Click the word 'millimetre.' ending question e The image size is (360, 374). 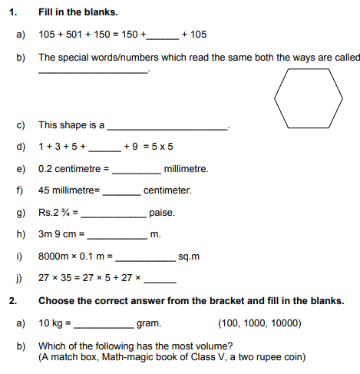point(186,168)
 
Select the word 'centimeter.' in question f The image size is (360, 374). point(167,190)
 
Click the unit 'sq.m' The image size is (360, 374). point(189,257)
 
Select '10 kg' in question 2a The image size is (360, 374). point(52,323)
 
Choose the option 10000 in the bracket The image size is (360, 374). point(286,323)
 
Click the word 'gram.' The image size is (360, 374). point(148,323)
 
